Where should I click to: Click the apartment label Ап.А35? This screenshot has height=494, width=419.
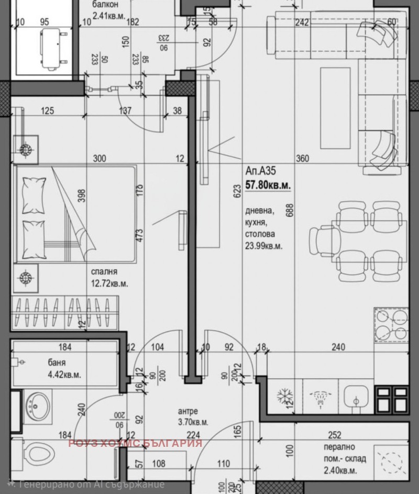[x=260, y=170]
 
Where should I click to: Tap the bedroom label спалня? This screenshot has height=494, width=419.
[x=104, y=272]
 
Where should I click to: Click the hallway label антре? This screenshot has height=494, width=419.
[x=188, y=411]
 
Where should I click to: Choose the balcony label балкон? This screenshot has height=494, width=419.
[x=105, y=5]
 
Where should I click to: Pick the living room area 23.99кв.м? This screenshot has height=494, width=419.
[x=264, y=246]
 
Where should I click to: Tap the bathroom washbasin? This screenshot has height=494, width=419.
[x=38, y=404]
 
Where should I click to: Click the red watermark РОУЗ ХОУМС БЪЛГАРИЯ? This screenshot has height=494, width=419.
[x=135, y=443]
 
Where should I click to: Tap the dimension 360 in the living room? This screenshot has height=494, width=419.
[x=302, y=159]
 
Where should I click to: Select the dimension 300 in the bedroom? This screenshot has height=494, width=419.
[x=100, y=159]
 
